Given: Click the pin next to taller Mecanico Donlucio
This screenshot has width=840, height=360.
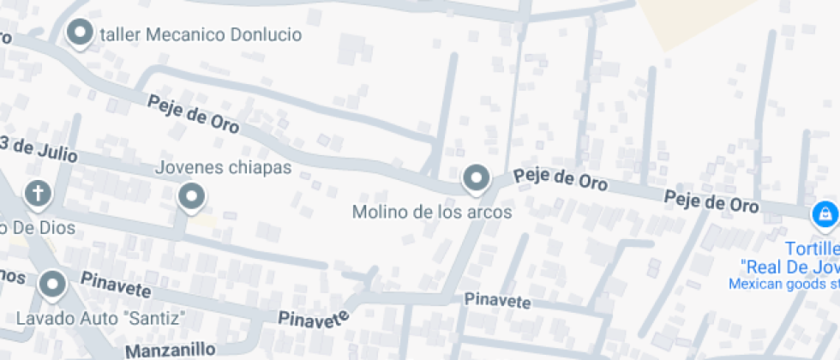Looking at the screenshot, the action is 81,33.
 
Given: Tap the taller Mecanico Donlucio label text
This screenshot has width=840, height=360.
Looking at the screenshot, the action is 201,35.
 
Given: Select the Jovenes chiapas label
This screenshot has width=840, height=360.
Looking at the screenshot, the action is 223,168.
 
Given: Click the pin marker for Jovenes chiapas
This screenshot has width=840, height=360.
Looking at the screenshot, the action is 191,197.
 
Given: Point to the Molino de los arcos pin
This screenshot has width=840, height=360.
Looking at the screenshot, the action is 476,179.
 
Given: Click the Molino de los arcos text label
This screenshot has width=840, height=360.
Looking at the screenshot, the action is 432,212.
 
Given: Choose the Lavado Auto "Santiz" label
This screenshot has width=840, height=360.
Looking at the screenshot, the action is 101,319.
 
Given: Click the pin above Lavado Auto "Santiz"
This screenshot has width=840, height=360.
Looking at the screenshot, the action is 53,284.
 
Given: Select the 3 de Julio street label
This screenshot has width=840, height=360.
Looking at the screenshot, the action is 39,149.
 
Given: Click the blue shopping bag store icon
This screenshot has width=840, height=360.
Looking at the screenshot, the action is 825,214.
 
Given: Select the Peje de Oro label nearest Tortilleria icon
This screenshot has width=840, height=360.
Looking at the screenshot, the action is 711,202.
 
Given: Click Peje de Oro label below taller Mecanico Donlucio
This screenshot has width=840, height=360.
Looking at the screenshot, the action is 194,114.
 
